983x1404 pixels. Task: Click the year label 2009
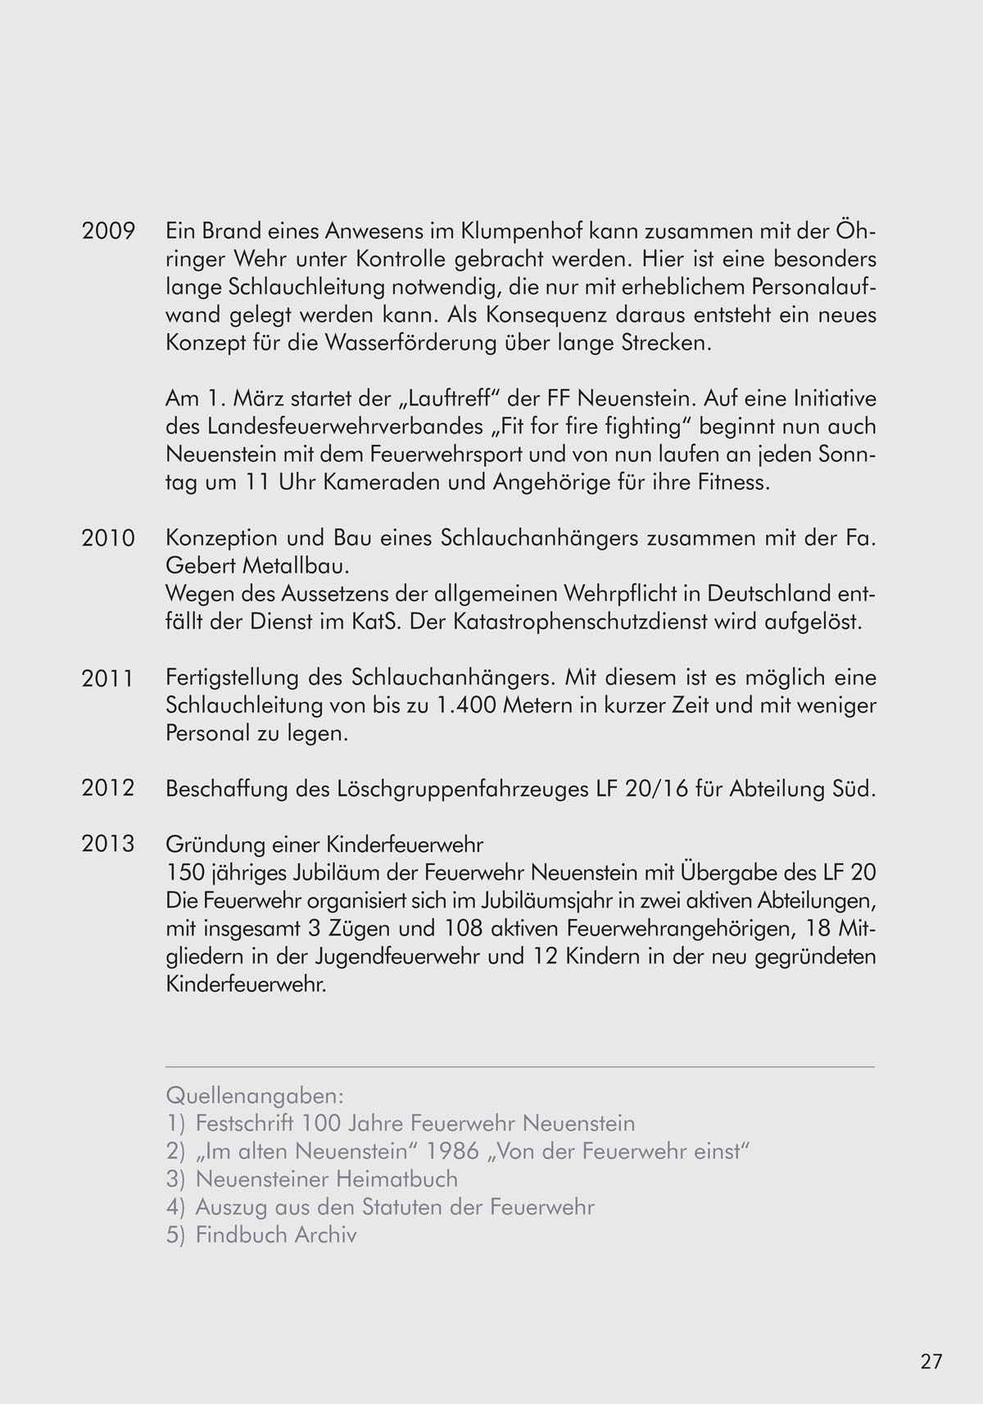point(108,232)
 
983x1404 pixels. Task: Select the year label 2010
point(108,539)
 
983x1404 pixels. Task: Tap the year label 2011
point(108,678)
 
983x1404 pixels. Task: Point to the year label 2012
point(108,789)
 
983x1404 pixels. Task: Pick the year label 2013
point(108,844)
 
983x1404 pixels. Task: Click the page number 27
point(931,1362)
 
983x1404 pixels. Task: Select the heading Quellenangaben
point(254,1095)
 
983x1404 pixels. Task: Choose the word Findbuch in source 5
point(243,1234)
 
